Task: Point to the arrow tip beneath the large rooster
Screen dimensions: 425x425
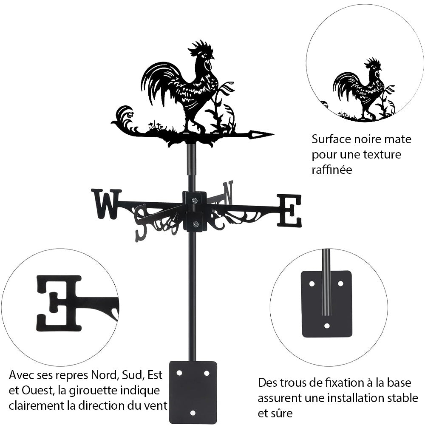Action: [x=261, y=135]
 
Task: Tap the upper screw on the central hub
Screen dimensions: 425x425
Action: [x=195, y=201]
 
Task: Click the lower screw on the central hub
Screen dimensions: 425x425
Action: [x=195, y=224]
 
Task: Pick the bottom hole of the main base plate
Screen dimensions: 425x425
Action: [x=193, y=413]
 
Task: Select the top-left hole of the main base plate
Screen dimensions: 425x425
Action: [x=179, y=373]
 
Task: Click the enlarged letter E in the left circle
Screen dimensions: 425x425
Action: [x=59, y=303]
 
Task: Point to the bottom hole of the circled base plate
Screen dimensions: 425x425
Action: [x=326, y=326]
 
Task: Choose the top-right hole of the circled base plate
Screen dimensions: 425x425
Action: [x=340, y=283]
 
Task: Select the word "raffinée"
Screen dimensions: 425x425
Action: [x=331, y=170]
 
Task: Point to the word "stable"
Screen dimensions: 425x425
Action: [x=402, y=398]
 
